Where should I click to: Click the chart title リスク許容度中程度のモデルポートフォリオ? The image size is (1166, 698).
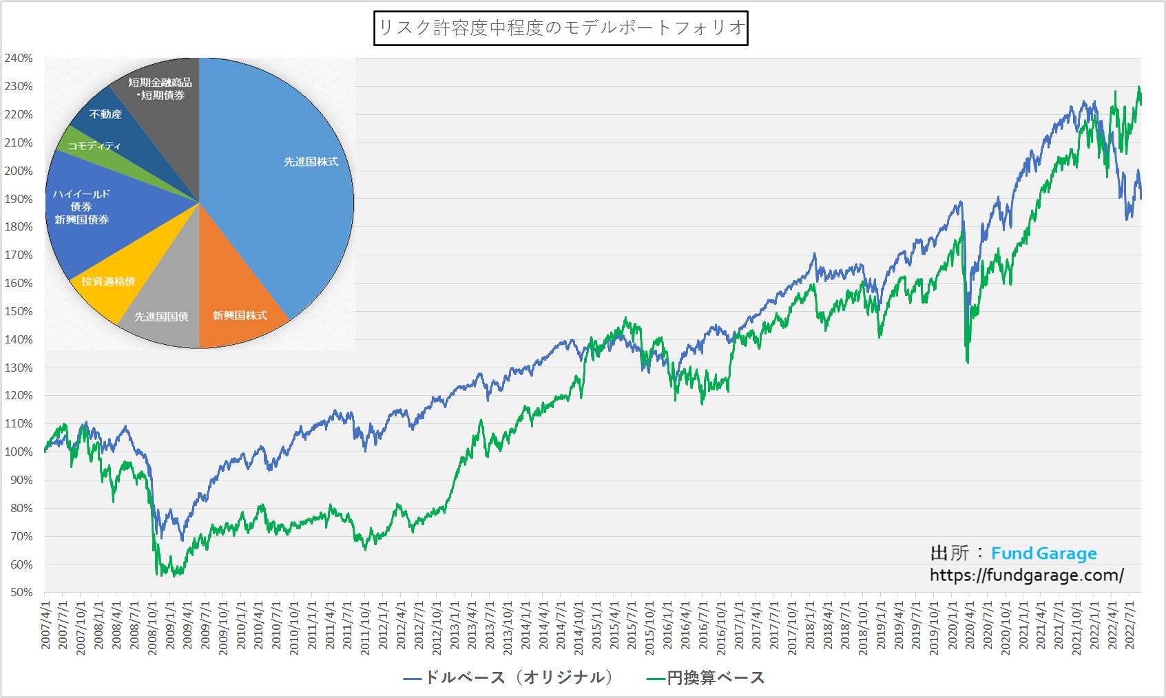tap(561, 28)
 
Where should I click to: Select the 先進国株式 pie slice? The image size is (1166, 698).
tap(289, 172)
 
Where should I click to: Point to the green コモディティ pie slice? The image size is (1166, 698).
tap(93, 145)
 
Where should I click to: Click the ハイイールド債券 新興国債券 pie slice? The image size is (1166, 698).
tap(83, 207)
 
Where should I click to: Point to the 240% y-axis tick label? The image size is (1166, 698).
tap(19, 59)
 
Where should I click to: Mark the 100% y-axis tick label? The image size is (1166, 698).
tap(19, 452)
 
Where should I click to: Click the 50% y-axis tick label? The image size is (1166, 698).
tap(21, 593)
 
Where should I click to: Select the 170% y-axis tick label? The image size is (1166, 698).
tap(19, 255)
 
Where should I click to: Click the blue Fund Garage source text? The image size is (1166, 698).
tap(1043, 553)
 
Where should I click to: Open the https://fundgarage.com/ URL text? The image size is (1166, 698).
tap(1026, 575)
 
